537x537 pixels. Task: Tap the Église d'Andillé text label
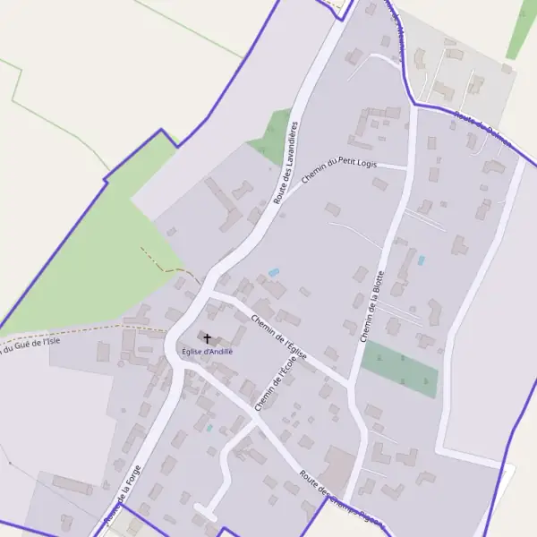tap(207, 352)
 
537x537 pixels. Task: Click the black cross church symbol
tap(208, 339)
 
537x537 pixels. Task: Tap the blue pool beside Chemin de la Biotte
tap(421, 260)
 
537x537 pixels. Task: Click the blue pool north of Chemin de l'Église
tap(274, 272)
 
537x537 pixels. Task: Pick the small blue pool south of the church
tap(209, 428)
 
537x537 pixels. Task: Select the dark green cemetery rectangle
tap(400, 369)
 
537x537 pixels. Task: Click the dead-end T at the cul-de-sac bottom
tap(205, 513)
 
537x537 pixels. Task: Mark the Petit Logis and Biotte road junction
tap(408, 166)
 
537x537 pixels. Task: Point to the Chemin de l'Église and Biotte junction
tap(351, 384)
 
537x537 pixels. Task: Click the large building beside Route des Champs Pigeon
tap(338, 466)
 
